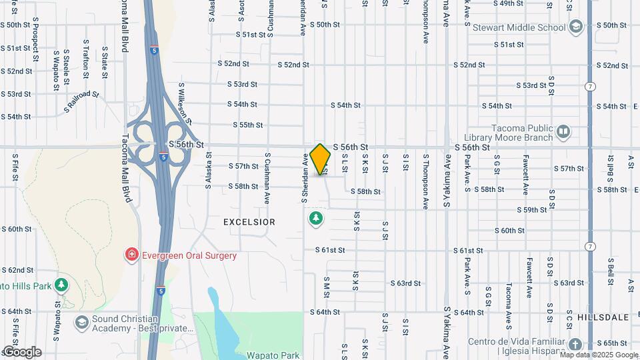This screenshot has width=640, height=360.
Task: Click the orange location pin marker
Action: coord(321,159)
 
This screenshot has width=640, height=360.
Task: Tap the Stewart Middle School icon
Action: coord(577,27)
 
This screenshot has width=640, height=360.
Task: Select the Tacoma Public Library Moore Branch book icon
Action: coord(563,131)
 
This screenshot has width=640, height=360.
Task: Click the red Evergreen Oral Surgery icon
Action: coord(132,255)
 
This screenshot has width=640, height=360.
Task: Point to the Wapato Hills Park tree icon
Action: coord(61,285)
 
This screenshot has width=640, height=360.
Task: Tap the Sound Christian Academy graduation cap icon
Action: coord(81,323)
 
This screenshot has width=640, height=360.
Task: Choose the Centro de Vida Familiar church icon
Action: coord(575,344)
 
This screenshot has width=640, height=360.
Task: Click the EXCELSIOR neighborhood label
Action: coord(249,221)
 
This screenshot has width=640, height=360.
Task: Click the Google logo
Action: coord(21,351)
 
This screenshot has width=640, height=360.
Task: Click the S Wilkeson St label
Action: coord(185,104)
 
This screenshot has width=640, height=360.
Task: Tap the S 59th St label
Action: coord(535,210)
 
